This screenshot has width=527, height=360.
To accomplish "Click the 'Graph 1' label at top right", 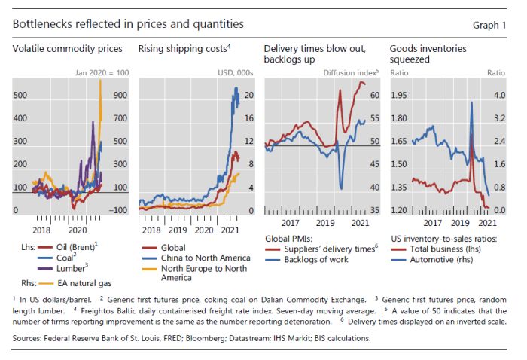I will pyautogui.click(x=490, y=25).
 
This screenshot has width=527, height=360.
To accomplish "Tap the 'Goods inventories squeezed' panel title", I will pyautogui.click(x=428, y=54).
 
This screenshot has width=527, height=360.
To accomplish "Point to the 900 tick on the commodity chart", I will pyautogui.click(x=119, y=96).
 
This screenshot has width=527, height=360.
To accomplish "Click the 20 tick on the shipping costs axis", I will pyautogui.click(x=248, y=96).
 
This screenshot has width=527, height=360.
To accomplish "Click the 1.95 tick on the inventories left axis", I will pyautogui.click(x=399, y=96).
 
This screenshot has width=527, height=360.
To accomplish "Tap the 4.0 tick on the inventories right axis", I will pyautogui.click(x=498, y=96).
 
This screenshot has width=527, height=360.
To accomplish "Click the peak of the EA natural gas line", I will pyautogui.click(x=100, y=81).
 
